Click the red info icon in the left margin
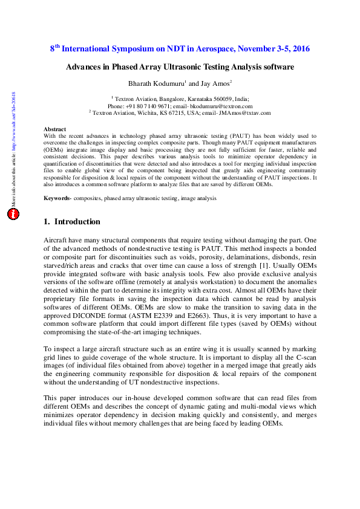[15, 214]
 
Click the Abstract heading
[55, 129]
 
